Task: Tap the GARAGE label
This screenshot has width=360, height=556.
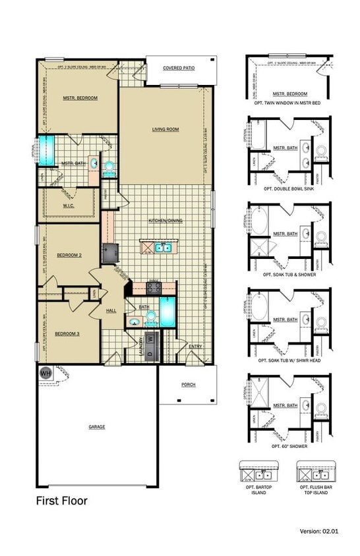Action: [97, 426]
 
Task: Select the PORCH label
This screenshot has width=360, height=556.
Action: [188, 385]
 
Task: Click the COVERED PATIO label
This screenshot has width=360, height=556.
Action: [181, 67]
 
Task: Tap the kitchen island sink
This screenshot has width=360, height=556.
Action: [163, 248]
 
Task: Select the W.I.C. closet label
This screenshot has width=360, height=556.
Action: [69, 206]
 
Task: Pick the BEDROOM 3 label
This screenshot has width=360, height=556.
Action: [67, 334]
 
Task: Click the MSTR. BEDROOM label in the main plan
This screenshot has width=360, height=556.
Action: [80, 98]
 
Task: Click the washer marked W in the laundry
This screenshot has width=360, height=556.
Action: [151, 339]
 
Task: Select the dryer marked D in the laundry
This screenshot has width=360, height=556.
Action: [151, 352]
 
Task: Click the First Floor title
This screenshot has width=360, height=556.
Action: [61, 501]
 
